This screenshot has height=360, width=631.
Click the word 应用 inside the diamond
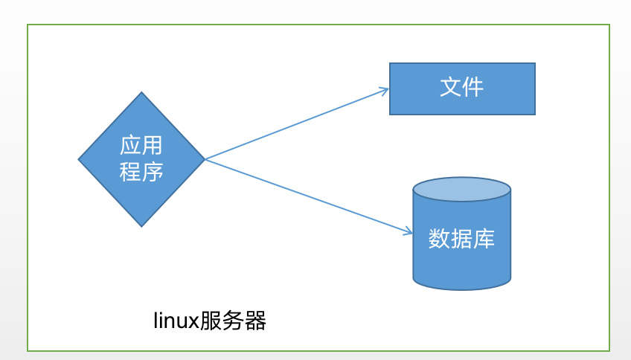click(x=141, y=145)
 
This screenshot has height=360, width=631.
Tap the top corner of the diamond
click(x=141, y=92)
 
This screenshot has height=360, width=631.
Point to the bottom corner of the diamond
click(x=141, y=226)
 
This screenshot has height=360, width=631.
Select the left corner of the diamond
click(x=79, y=159)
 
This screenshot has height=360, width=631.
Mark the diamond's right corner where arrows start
click(x=204, y=159)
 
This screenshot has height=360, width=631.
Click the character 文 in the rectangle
click(x=451, y=88)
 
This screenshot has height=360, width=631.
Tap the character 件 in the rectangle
click(x=473, y=88)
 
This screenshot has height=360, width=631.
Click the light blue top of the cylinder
click(x=461, y=189)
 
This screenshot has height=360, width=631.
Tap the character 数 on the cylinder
click(x=439, y=240)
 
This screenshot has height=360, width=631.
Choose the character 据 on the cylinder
click(x=461, y=240)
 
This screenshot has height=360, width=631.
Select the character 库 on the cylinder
click(x=484, y=240)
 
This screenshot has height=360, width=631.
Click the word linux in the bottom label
click(x=176, y=321)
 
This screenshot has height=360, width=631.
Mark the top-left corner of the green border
click(x=28, y=25)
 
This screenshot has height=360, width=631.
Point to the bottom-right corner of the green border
click(x=609, y=350)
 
